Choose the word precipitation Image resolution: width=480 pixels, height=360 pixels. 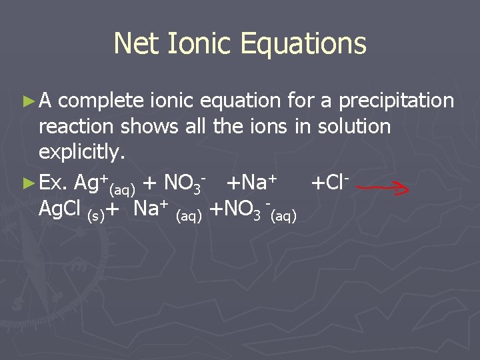(x=397, y=101)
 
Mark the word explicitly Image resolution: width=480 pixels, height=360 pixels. (x=81, y=153)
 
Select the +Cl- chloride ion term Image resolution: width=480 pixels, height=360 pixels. (x=330, y=181)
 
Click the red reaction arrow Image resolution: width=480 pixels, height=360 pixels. (x=383, y=189)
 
